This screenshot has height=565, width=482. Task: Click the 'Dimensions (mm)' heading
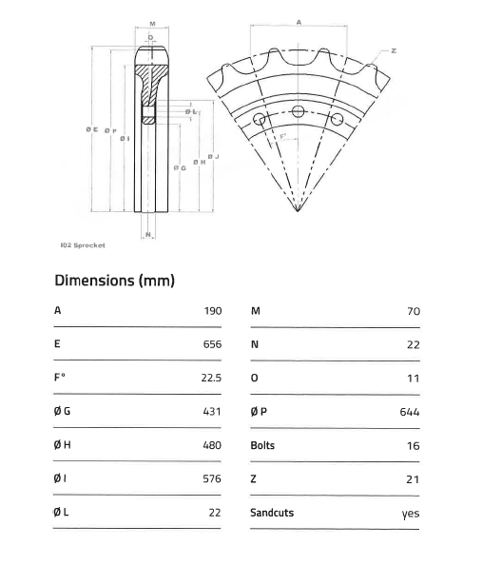[114, 281]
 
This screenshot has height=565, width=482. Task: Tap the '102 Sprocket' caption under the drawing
[82, 244]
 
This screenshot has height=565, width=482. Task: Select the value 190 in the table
[212, 311]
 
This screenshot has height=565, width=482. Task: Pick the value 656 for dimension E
[212, 344]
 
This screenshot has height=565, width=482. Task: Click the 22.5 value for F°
[210, 378]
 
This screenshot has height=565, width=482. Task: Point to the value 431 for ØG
[212, 412]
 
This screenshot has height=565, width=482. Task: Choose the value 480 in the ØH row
[212, 445]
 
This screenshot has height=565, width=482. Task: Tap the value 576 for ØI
[212, 478]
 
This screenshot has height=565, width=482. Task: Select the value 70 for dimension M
[413, 311]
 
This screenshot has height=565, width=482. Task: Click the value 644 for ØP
[410, 412]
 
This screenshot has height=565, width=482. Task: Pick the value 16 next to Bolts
[413, 445]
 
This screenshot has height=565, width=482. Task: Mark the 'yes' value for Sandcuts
[411, 514]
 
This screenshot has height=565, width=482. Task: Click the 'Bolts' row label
[262, 445]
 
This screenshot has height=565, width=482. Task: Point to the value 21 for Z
[413, 479]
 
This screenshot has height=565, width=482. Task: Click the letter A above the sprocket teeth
[298, 20]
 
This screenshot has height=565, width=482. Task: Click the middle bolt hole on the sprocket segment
[299, 112]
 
